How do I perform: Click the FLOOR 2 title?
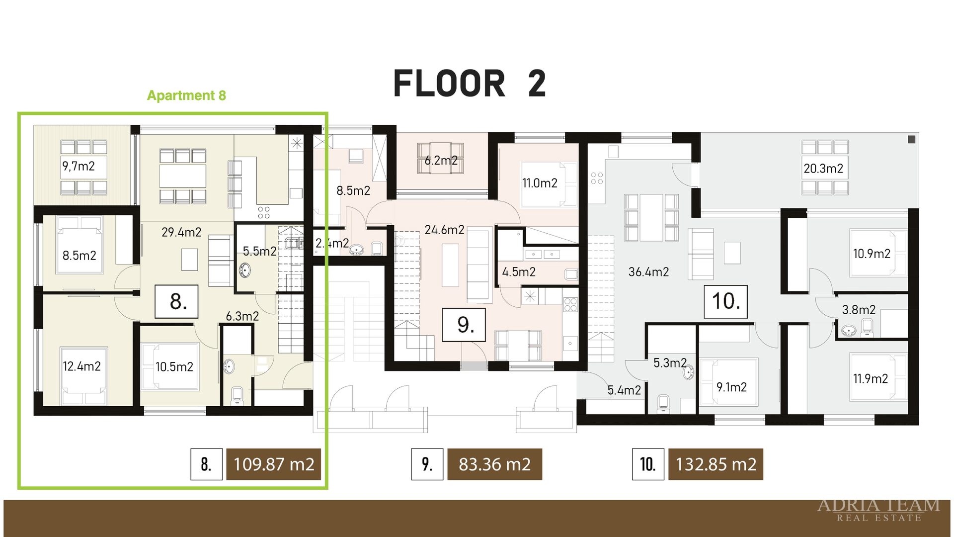(470, 84)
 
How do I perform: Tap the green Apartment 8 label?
(186, 95)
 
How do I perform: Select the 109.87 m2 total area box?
(274, 464)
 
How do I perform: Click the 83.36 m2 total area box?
(495, 464)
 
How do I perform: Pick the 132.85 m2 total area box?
(715, 464)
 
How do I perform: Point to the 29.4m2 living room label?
(181, 232)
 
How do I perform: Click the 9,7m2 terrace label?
(79, 166)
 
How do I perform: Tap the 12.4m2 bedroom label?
(81, 366)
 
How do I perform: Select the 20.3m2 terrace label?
(823, 169)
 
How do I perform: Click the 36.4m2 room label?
(648, 272)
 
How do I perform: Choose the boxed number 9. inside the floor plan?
(464, 325)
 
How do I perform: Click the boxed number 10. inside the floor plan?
(726, 301)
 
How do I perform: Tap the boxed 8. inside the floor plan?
(176, 301)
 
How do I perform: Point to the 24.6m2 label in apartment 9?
(445, 230)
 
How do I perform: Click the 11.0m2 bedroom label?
(540, 183)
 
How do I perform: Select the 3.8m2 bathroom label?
(859, 310)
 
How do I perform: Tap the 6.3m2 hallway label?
(242, 316)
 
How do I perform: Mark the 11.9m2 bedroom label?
(871, 379)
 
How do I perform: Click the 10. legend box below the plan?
(648, 464)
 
